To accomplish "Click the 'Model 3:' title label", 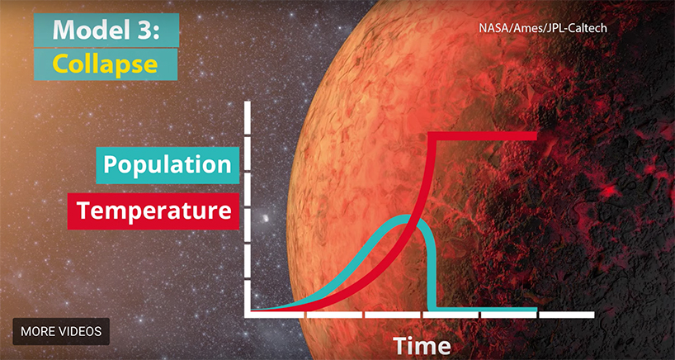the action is click(106, 31).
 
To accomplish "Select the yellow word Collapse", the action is click(105, 64).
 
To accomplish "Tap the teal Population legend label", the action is click(168, 165).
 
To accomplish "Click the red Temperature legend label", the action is click(153, 211).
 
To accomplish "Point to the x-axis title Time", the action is click(422, 345).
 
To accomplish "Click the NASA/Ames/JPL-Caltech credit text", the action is click(543, 28).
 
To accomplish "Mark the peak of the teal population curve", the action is click(408, 218).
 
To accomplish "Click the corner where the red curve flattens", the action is click(433, 136).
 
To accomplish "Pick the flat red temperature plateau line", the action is click(485, 136).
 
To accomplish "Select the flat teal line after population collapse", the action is click(486, 309).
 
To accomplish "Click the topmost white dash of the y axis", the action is click(248, 117).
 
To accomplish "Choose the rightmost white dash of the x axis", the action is click(567, 315).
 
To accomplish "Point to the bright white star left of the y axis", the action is click(265, 218).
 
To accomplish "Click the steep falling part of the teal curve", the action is click(432, 267).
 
